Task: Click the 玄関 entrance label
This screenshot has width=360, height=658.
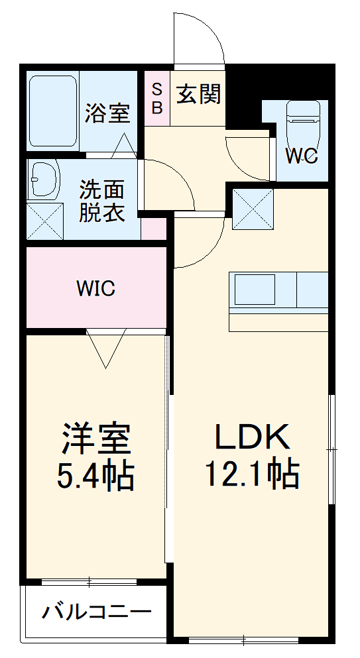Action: click(198, 95)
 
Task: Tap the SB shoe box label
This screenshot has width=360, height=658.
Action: click(157, 98)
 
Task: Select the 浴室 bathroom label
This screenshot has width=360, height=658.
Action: click(107, 113)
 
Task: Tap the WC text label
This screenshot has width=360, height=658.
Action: click(302, 156)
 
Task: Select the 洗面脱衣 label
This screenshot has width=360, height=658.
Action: click(102, 201)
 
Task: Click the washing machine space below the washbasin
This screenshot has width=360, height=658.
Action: click(43, 219)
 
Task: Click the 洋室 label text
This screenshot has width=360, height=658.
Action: click(95, 438)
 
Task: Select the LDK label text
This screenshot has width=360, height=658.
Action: click(251, 438)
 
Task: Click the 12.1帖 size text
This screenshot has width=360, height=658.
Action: click(251, 474)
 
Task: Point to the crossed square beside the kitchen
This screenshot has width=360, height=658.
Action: click(252, 209)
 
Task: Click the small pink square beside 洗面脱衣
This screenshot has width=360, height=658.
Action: click(154, 229)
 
